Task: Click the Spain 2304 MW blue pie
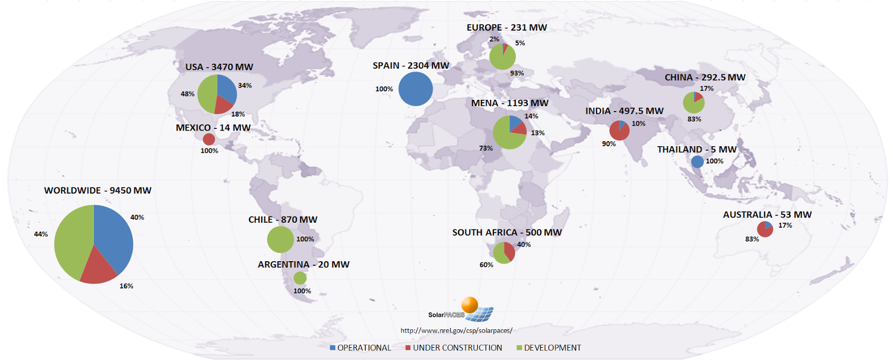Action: pyautogui.click(x=415, y=89)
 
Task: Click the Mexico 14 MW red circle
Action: pyautogui.click(x=209, y=139)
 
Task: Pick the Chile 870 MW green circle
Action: pyautogui.click(x=280, y=239)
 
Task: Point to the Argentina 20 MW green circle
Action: pyautogui.click(x=300, y=278)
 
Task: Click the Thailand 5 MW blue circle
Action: pyautogui.click(x=697, y=162)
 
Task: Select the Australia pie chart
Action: pyautogui.click(x=765, y=229)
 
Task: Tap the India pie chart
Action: pyautogui.click(x=620, y=131)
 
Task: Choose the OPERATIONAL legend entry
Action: pyautogui.click(x=361, y=348)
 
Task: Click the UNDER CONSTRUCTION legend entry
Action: pyautogui.click(x=454, y=348)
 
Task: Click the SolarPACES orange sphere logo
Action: pyautogui.click(x=469, y=305)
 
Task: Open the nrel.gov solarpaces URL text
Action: pyautogui.click(x=456, y=330)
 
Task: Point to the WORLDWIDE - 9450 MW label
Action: pyautogui.click(x=98, y=190)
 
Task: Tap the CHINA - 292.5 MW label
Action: pyautogui.click(x=705, y=78)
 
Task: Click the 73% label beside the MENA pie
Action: pyautogui.click(x=486, y=148)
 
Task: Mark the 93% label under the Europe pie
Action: pyautogui.click(x=517, y=73)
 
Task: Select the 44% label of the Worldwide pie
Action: pyautogui.click(x=41, y=234)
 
